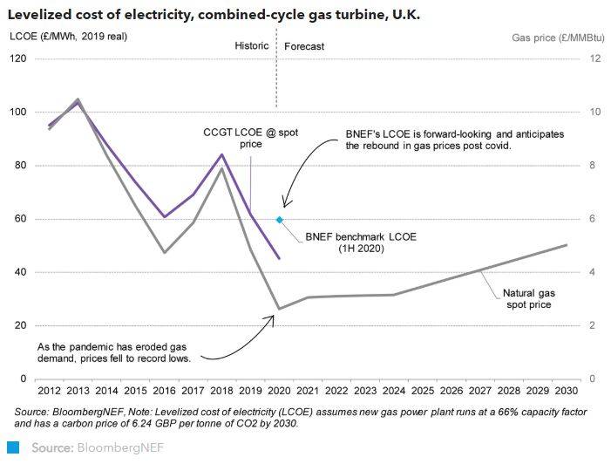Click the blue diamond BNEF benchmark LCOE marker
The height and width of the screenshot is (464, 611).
(279, 220)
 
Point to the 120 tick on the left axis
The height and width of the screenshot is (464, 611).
(18, 58)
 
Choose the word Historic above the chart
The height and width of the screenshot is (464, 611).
(252, 45)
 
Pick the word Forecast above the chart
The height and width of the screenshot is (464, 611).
(304, 45)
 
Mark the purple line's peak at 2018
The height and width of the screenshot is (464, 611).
(221, 154)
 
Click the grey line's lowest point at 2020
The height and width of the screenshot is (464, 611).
(279, 309)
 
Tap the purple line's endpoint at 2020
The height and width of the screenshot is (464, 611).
(279, 258)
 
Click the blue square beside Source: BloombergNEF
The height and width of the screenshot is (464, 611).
(13, 448)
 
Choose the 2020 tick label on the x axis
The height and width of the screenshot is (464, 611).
(279, 392)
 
